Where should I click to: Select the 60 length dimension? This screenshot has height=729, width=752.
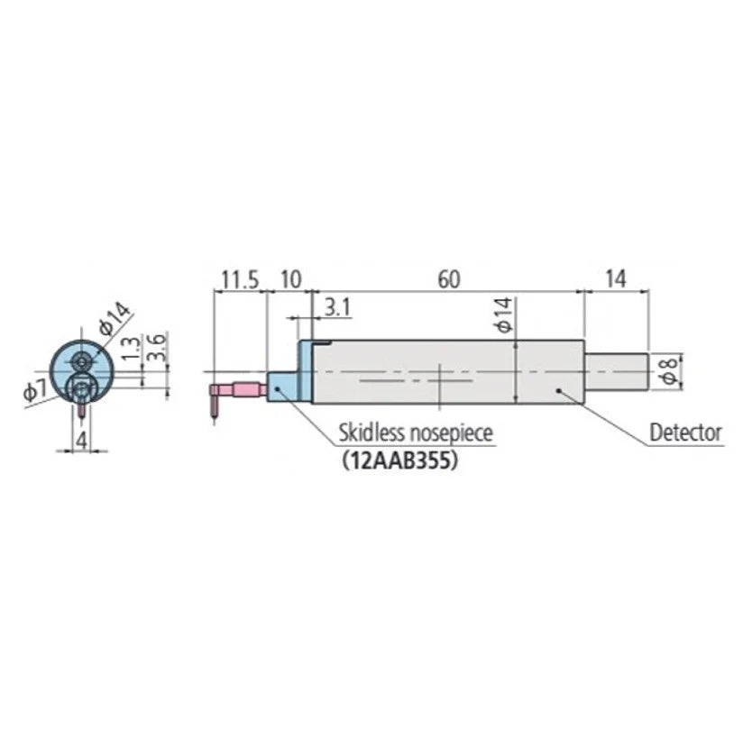(x=448, y=278)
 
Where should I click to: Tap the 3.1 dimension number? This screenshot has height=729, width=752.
(x=335, y=307)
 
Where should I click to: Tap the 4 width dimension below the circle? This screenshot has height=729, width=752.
(x=80, y=441)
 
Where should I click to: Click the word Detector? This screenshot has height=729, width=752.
(x=685, y=433)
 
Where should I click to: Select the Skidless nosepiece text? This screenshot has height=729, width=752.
(x=416, y=433)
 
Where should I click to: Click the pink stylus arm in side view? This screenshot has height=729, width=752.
(x=242, y=389)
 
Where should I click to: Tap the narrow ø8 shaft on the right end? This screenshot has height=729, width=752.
(x=615, y=371)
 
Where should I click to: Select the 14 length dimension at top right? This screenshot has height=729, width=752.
(x=615, y=278)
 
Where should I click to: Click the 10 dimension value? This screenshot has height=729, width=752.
(x=289, y=278)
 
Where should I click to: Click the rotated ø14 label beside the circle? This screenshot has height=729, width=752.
(x=115, y=320)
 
